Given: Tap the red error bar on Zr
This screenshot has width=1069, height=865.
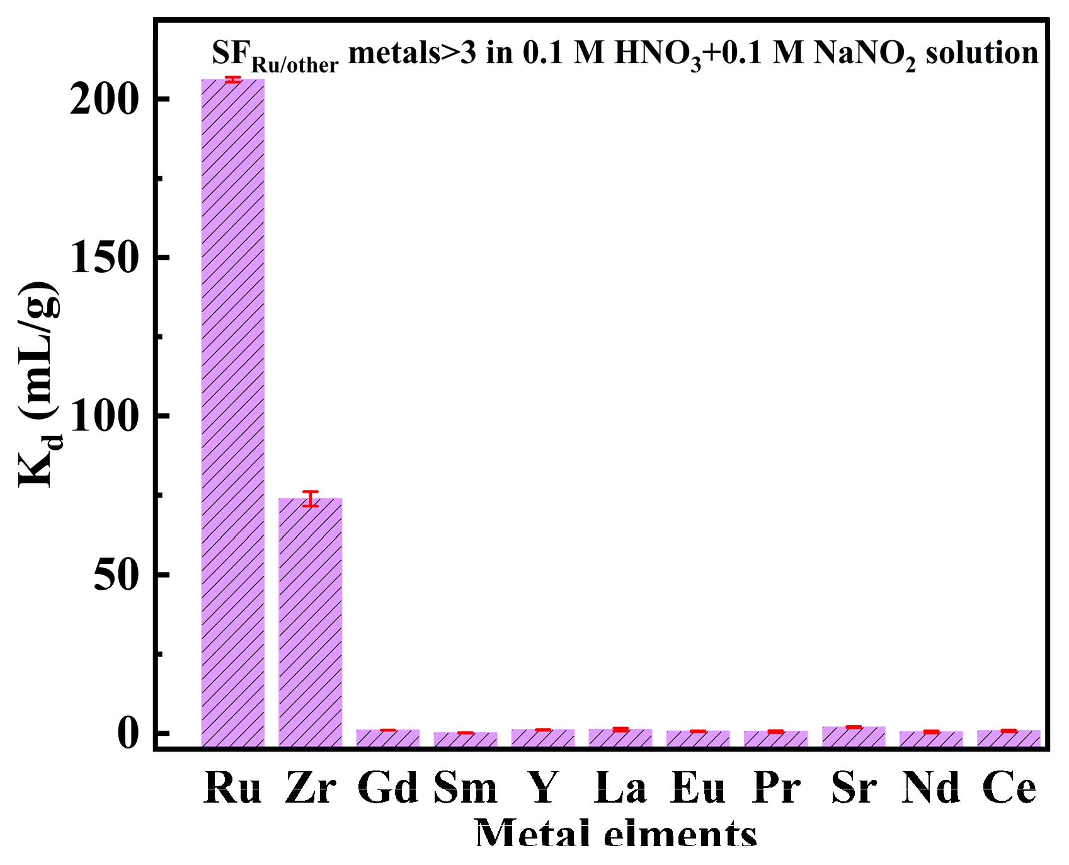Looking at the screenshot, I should pos(310,499).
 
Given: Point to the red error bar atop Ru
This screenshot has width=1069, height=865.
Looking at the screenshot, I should pos(232,79).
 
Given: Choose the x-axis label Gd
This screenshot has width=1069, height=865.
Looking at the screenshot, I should pos(387,788).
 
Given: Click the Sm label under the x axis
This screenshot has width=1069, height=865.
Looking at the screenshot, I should pos(466,788).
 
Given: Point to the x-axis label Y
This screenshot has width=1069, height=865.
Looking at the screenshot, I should pos(543,788).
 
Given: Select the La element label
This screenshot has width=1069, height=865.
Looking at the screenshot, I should pos(620,788).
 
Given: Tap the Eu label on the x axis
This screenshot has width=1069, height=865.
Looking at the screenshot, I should pos(698,788).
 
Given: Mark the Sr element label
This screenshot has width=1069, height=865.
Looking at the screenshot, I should pos(854,788).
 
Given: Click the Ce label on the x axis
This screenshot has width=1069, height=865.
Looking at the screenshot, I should pos(1009,788).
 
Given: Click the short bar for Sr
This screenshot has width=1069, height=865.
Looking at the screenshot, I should pos(854,736).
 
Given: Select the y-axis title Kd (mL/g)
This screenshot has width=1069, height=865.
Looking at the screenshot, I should pos(39,384).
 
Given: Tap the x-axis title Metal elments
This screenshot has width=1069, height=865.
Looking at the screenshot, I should pos(615,833).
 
